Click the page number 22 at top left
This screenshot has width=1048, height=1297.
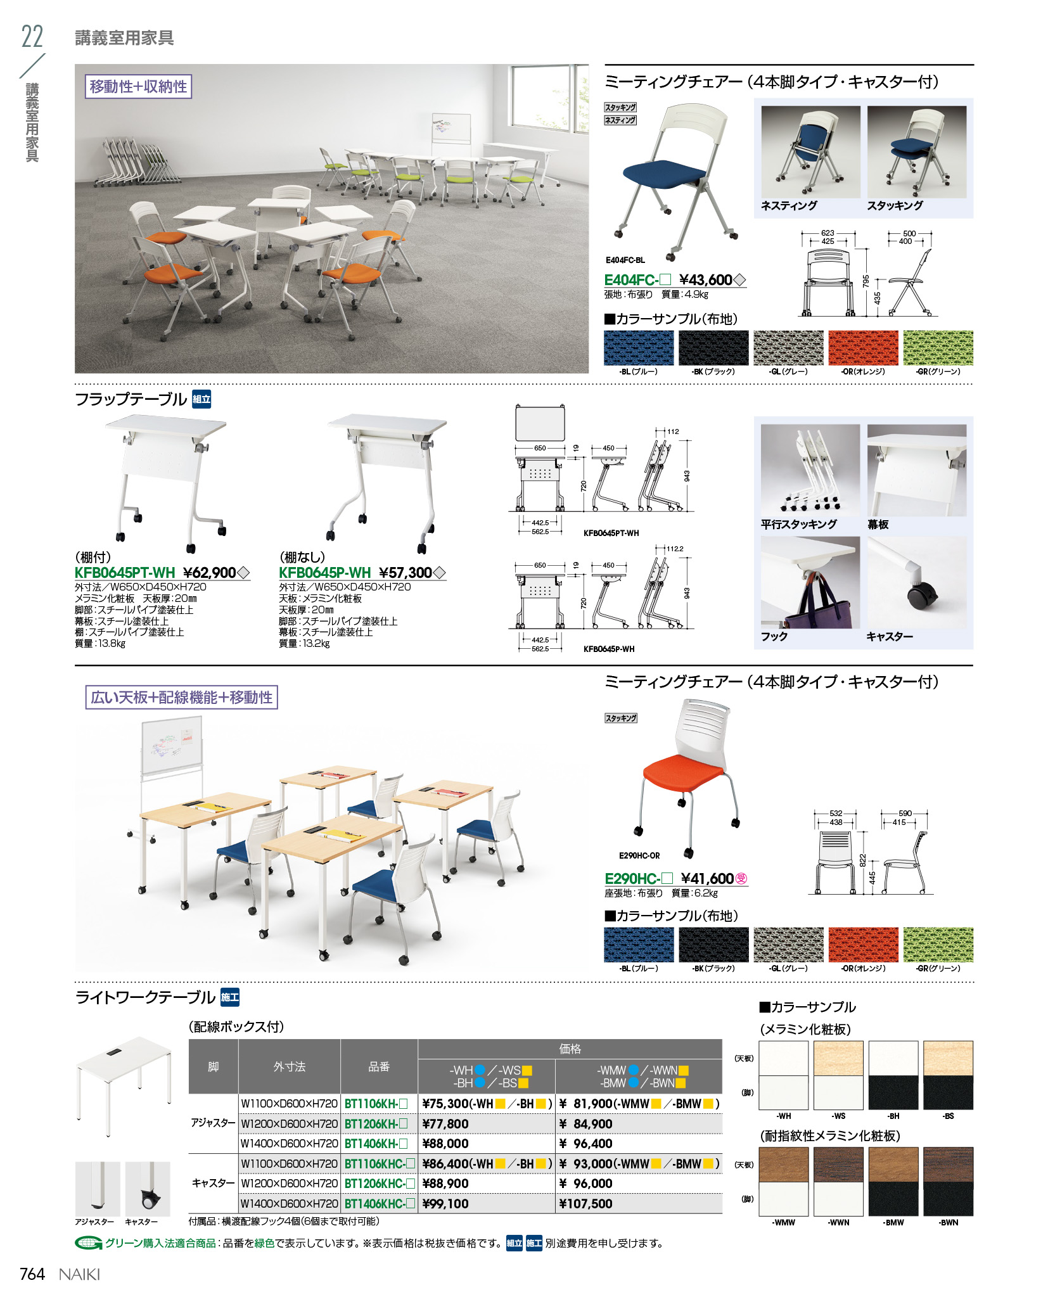(x=32, y=37)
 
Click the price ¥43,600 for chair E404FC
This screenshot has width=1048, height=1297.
(x=705, y=280)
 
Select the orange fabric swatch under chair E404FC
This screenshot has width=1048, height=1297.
(x=863, y=348)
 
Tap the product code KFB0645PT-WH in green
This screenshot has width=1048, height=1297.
(x=125, y=573)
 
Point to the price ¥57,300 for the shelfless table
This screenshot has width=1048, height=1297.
(x=406, y=573)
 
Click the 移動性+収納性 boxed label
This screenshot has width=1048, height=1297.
(x=138, y=87)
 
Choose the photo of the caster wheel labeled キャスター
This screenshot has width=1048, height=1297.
(x=917, y=583)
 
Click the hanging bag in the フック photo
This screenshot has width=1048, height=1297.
(x=817, y=605)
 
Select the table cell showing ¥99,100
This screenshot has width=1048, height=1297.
(x=445, y=1203)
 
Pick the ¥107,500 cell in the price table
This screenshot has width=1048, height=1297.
(x=586, y=1203)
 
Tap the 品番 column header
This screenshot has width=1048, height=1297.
(x=379, y=1066)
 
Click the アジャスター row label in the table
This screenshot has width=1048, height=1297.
(x=213, y=1123)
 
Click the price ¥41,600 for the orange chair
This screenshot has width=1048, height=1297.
(x=707, y=879)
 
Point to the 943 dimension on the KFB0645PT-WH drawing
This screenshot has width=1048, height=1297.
(x=687, y=475)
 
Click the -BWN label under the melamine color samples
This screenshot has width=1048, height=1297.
(x=949, y=1222)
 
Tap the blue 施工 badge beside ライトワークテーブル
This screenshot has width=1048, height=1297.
(x=230, y=997)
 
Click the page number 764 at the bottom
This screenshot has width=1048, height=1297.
(x=32, y=1274)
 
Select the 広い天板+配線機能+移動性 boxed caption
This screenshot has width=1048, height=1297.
(x=182, y=698)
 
